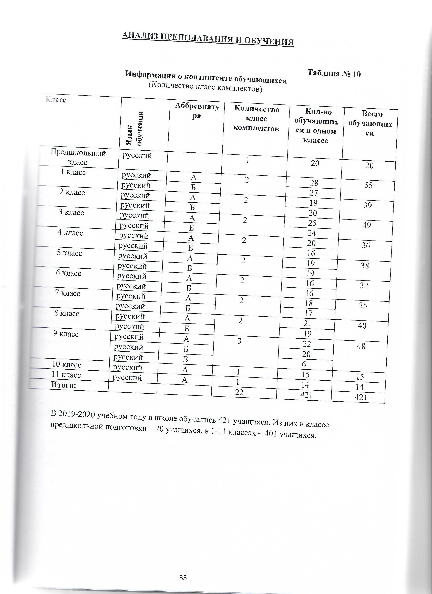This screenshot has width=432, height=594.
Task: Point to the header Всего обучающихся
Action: [370, 123]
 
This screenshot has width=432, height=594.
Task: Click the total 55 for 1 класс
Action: [369, 185]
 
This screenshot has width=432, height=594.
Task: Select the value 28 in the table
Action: [314, 183]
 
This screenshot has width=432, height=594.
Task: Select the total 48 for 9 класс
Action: [361, 346]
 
